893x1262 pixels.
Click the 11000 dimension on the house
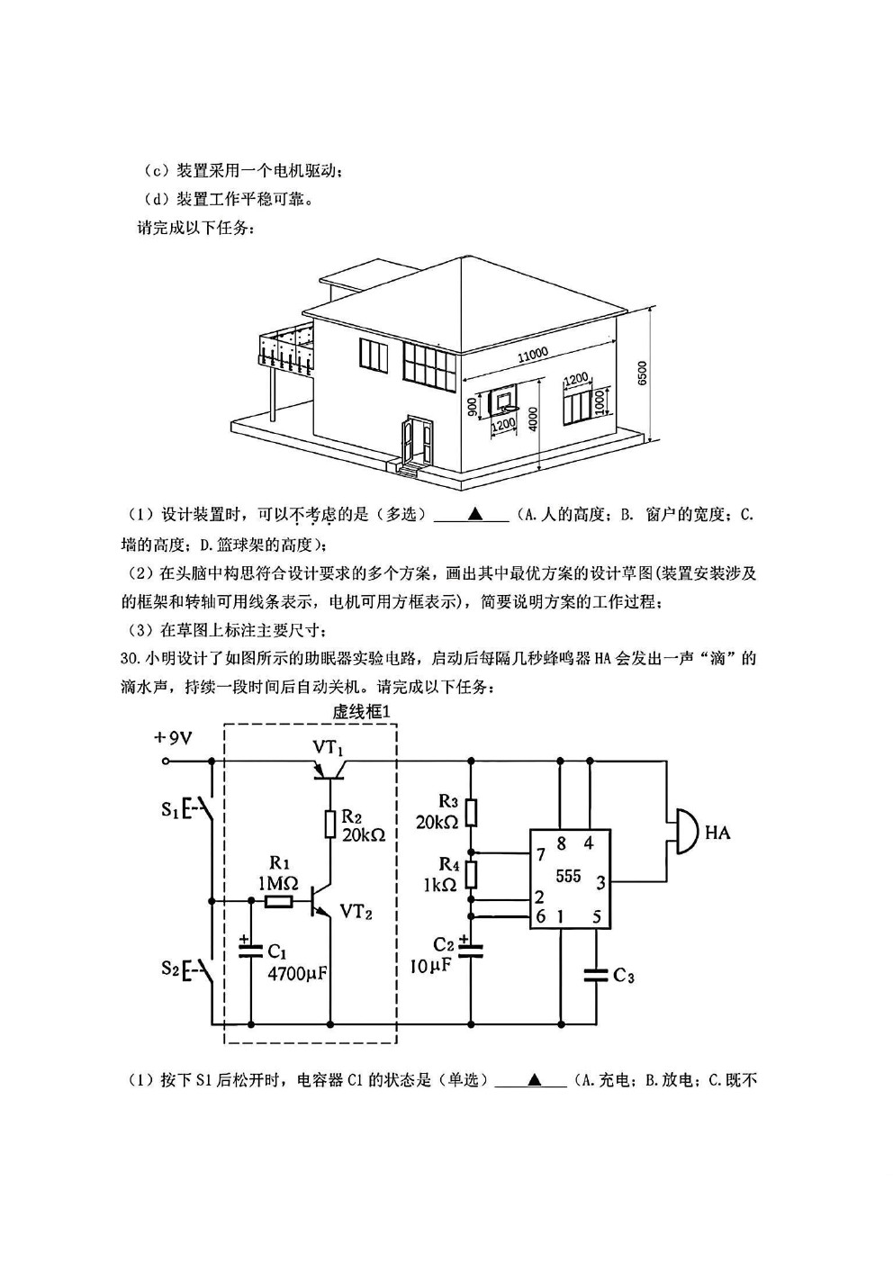[532, 355]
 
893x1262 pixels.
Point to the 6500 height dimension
[642, 373]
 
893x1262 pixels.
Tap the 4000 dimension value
[534, 418]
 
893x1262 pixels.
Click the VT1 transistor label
[328, 748]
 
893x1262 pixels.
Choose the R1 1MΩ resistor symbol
[279, 902]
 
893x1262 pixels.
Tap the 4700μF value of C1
[298, 973]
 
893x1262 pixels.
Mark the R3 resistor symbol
[471, 813]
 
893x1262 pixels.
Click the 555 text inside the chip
[568, 876]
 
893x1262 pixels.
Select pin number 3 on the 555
[601, 882]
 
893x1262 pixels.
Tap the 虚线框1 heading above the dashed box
[361, 712]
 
